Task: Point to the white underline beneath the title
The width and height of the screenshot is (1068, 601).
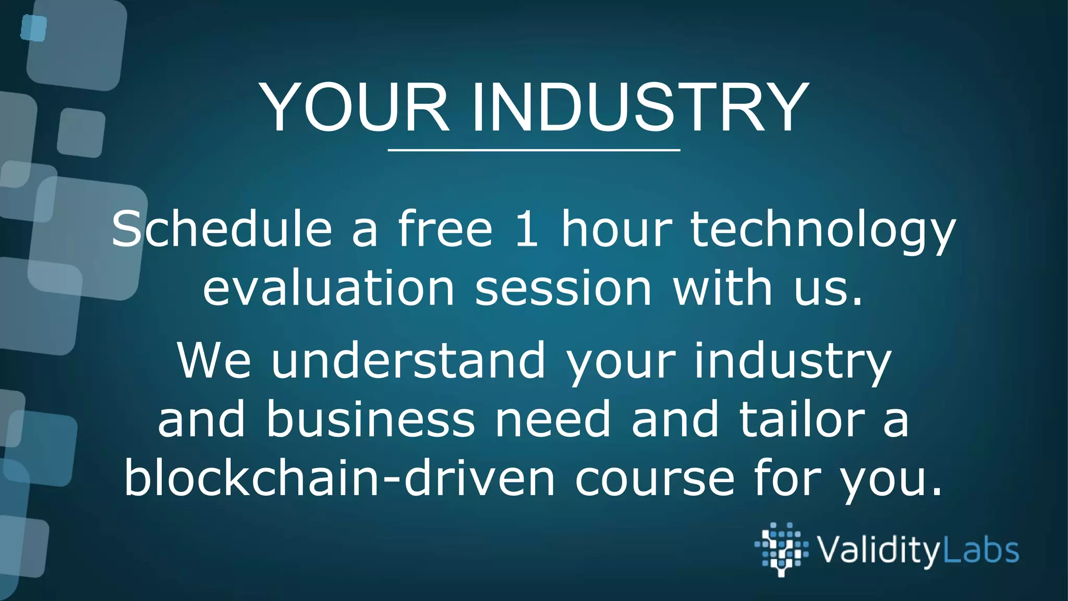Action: pos(534,150)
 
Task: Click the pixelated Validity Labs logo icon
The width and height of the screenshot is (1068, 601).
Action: pos(781,549)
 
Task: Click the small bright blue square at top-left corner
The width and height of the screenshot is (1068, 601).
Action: pos(34,28)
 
